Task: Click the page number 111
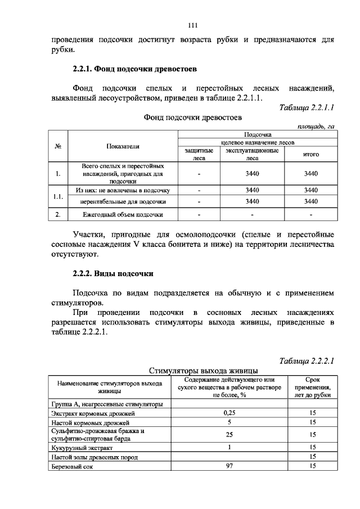point(192,25)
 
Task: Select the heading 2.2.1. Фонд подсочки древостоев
point(134,70)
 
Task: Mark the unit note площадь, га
point(315,127)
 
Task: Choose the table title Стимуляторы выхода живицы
point(203,371)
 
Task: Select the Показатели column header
point(123,146)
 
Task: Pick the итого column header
point(311,154)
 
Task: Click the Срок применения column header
point(313,387)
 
